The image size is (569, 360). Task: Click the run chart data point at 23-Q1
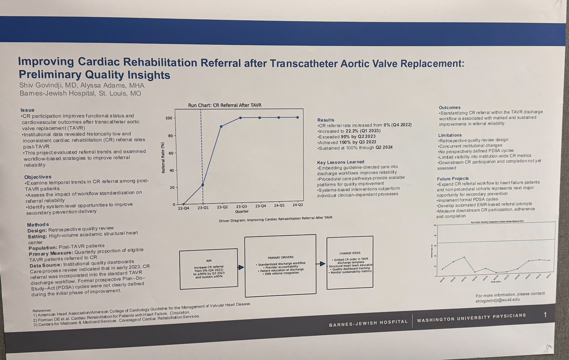(203, 185)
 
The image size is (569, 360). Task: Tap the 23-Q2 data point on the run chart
(221, 126)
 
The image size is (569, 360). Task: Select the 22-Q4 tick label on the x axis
(184, 208)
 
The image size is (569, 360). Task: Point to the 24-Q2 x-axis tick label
(298, 205)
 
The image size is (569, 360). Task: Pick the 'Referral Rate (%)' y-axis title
(163, 158)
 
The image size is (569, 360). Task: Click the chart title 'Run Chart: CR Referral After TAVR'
(225, 105)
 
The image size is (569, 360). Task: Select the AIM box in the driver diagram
(209, 269)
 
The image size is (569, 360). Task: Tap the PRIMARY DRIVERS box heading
(280, 257)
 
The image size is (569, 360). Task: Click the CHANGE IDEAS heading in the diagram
(350, 253)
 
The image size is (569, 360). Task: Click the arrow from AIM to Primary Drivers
(241, 267)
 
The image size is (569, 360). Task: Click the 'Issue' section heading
(27, 110)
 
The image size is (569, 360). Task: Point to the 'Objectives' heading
(38, 177)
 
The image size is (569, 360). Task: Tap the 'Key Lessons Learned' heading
(340, 162)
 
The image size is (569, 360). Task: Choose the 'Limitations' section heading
(450, 135)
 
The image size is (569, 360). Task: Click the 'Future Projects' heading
(453, 178)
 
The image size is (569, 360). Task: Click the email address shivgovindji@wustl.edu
(498, 300)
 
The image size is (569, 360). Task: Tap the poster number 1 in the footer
(545, 315)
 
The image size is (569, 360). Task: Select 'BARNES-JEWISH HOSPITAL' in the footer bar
(368, 323)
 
